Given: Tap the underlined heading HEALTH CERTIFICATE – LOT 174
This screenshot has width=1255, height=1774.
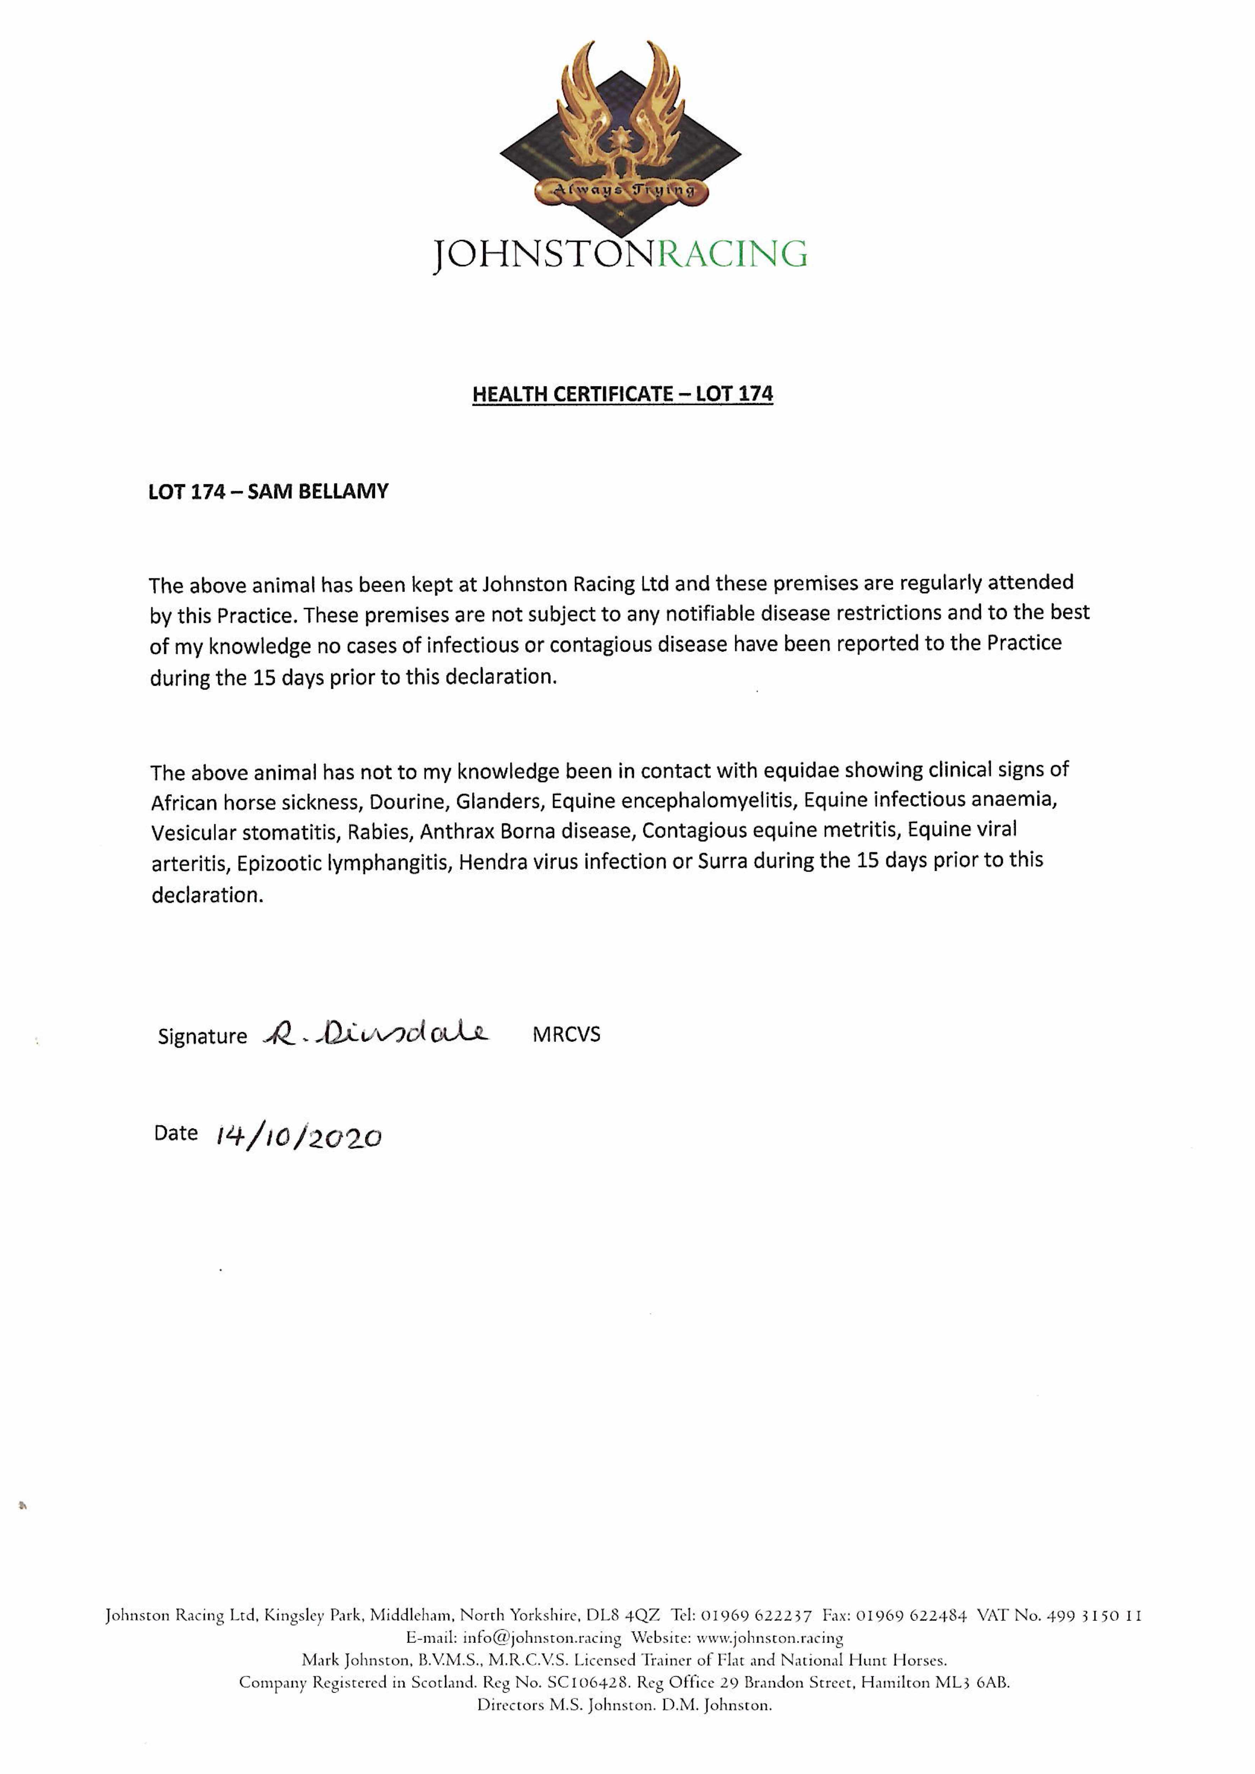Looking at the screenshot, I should [x=622, y=394].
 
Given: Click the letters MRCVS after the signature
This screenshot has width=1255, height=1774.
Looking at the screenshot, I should [x=566, y=1035].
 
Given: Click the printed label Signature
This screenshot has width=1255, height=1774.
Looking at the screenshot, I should [x=202, y=1036].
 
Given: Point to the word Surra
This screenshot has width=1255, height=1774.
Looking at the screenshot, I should [x=722, y=861].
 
